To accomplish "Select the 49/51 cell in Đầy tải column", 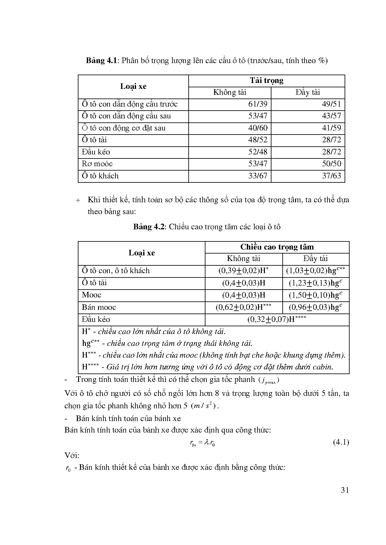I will click(332, 104).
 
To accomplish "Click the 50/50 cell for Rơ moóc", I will click(332, 164).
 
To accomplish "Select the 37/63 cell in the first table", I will click(332, 176).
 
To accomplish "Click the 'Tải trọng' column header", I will click(266, 81).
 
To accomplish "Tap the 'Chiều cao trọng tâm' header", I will click(277, 247).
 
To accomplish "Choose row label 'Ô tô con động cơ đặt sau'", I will click(124, 128).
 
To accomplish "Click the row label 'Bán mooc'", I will click(99, 307).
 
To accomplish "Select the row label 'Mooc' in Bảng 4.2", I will click(92, 295).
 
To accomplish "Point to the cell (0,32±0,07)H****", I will click(277, 319).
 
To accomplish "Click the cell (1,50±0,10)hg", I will click(315, 295).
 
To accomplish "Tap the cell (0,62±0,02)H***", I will click(243, 307).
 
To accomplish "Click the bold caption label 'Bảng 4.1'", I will click(101, 60).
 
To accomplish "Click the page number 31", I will click(345, 490).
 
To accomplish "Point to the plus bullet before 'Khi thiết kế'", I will click(78, 200).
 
